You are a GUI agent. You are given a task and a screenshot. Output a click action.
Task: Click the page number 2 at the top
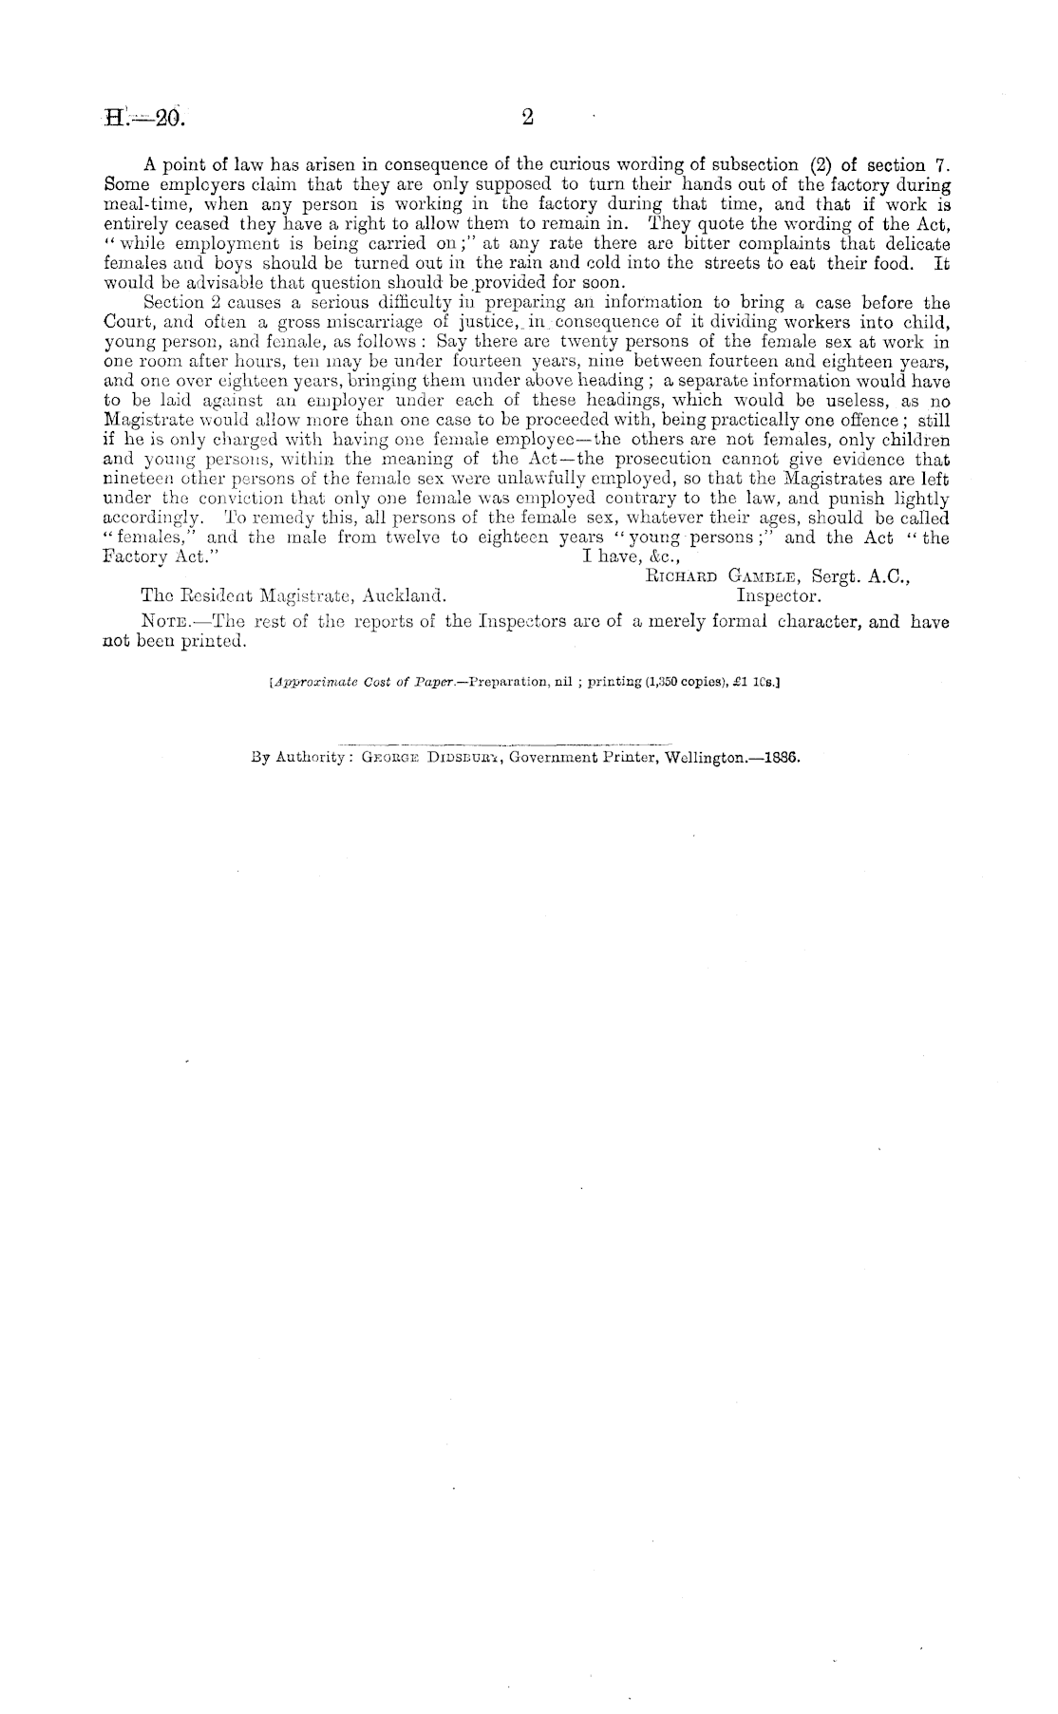[x=528, y=118]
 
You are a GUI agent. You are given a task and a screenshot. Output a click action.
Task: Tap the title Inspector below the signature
[x=780, y=596]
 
